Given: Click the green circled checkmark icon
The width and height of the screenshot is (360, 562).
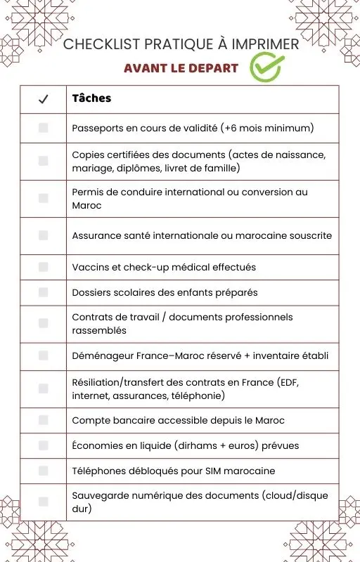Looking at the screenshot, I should pos(266,68).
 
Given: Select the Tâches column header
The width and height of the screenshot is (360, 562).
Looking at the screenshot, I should pos(91,98).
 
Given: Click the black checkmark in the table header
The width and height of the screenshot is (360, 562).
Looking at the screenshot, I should pos(43,99).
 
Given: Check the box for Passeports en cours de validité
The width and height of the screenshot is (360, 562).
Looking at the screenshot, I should pos(43,128).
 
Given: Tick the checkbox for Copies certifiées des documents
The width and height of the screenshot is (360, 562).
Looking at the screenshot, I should pos(43,161).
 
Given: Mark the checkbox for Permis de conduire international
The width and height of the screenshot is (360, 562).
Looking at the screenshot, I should pos(43,198).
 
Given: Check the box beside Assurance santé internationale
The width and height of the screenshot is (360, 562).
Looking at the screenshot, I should pos(43,235).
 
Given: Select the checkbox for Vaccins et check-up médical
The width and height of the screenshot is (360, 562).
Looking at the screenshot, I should pos(43,267).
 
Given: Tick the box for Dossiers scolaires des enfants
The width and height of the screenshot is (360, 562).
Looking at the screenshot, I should pos(43,292).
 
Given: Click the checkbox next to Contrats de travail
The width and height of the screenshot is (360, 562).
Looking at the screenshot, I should pos(43,323).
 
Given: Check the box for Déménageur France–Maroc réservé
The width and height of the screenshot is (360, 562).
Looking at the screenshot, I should pos(43,355).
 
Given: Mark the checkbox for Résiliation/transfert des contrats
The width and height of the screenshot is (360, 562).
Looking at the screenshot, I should pos(43,388).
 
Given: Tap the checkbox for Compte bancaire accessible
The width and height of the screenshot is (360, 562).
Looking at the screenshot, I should pos(43,420).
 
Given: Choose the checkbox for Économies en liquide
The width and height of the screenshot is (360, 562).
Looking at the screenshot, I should pos(43,445).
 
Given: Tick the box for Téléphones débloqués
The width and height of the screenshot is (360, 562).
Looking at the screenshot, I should pos(43,470).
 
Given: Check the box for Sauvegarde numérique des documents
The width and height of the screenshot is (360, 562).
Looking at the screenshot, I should pos(43,502).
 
